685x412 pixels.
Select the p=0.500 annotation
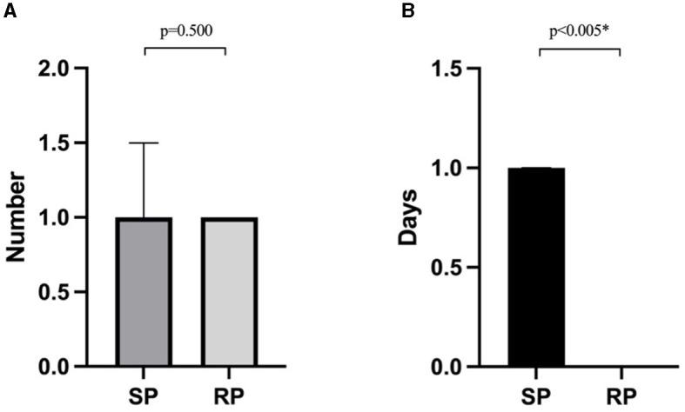(185, 31)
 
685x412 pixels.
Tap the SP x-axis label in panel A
(144, 395)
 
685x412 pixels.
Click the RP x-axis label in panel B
(621, 395)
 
